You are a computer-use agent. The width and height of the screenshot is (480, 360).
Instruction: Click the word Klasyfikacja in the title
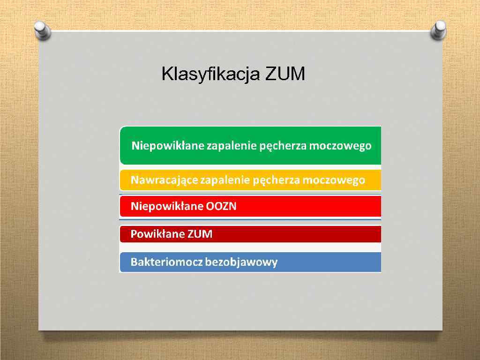tap(211, 74)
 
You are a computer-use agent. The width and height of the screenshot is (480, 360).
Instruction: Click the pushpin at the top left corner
tap(43, 30)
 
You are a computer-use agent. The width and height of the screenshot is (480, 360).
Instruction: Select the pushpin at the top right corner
tap(439, 30)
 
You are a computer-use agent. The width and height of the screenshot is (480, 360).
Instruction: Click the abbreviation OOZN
tap(221, 206)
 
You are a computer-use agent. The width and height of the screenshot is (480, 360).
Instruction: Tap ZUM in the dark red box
tap(200, 234)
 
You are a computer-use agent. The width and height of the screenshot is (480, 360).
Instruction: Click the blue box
tap(328, 262)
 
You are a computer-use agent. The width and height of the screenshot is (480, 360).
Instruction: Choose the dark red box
tap(305, 234)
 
